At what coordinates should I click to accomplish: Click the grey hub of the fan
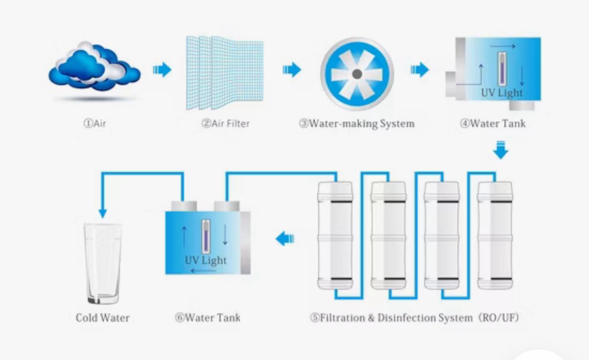click(x=356, y=74)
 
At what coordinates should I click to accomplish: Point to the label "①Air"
click(x=95, y=124)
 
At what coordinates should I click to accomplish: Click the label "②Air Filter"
click(x=225, y=124)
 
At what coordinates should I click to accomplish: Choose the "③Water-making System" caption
click(x=357, y=124)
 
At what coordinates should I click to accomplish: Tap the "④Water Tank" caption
click(x=493, y=124)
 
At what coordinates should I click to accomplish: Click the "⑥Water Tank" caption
click(x=208, y=318)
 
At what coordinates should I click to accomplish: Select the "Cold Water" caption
click(x=103, y=318)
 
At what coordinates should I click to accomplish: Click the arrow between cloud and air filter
click(x=162, y=70)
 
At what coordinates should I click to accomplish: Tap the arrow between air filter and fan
click(x=292, y=70)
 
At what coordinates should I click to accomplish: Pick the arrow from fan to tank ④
click(x=419, y=70)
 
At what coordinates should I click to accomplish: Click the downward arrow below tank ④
click(x=501, y=150)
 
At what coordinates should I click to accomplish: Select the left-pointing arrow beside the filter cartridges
click(x=285, y=239)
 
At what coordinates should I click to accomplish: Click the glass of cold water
click(x=103, y=264)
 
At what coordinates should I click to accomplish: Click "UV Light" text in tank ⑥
click(x=206, y=260)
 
